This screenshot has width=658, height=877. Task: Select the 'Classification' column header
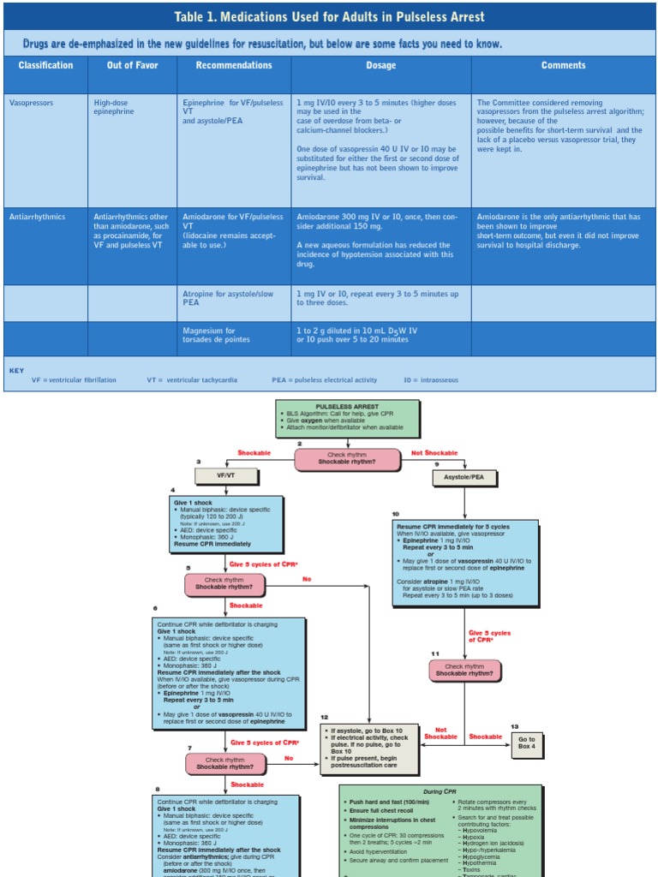(x=45, y=65)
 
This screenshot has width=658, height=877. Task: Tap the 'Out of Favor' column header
(x=132, y=65)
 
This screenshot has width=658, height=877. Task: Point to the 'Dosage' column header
(x=380, y=65)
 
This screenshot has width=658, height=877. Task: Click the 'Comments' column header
(x=563, y=65)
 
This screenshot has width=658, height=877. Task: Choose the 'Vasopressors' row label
(x=31, y=103)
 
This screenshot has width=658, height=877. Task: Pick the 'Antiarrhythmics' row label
(x=37, y=217)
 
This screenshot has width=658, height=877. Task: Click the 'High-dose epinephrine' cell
(x=114, y=107)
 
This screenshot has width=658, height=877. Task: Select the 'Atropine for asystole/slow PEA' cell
(x=228, y=298)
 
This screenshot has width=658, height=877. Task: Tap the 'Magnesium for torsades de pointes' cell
(x=216, y=335)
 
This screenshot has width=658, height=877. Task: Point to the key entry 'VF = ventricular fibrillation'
(x=74, y=379)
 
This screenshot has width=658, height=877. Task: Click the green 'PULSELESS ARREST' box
(x=347, y=418)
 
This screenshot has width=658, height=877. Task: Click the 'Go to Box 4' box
(x=526, y=742)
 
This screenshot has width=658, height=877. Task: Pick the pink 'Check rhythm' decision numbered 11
(x=464, y=670)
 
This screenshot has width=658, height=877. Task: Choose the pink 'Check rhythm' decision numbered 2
(x=347, y=460)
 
